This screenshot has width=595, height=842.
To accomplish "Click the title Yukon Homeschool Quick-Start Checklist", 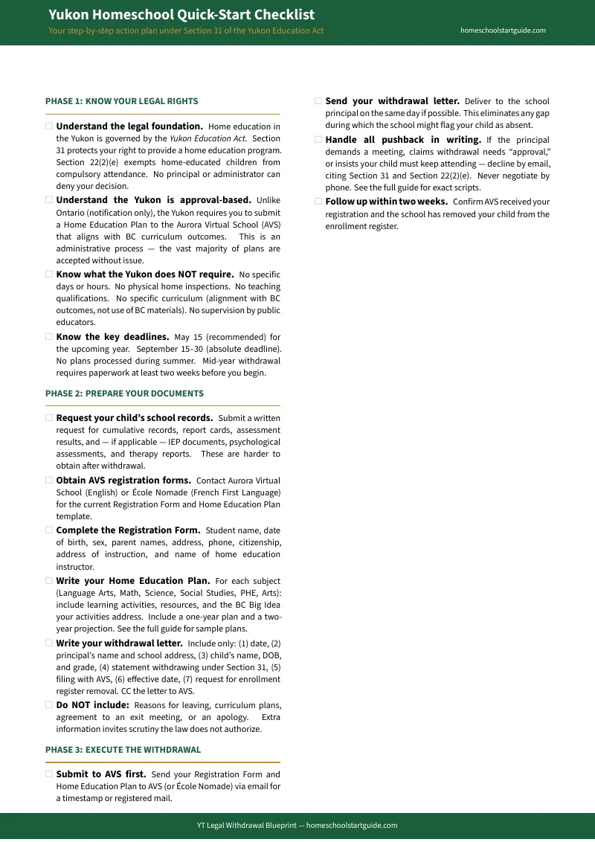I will pos(181,15).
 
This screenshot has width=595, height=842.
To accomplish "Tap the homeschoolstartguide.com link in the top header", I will pos(503,30).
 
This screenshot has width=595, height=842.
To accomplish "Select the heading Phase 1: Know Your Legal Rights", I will pos(121,101).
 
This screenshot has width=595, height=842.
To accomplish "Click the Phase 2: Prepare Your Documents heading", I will pos(124,393).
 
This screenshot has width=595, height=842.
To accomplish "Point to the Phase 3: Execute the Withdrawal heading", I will pos(123,750).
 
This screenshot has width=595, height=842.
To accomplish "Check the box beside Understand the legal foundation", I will pos(49,126).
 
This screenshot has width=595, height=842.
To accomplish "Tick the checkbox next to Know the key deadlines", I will pos(49,337).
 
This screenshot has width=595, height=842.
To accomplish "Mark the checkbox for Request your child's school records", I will pos(49,418).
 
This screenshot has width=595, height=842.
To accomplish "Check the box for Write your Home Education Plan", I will pos(49,581).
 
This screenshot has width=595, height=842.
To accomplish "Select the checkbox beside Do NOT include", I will pos(49,704).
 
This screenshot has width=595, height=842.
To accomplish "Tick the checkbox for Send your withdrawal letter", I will pos(318,101).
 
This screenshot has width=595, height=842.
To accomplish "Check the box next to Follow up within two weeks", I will pos(318,202).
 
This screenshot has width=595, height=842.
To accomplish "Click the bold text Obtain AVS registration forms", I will pos(123,481).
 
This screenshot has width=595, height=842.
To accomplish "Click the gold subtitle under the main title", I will pos(186,31).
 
